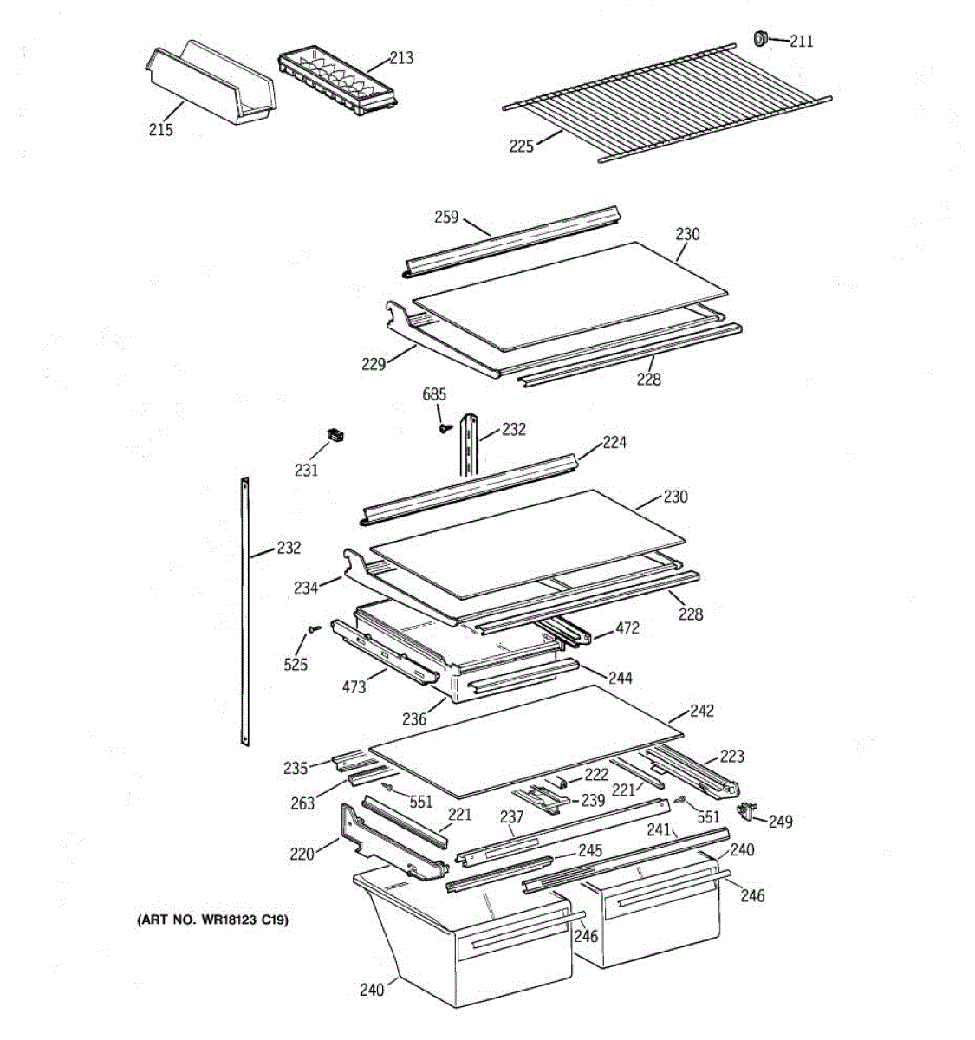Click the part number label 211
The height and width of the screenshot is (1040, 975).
point(802,41)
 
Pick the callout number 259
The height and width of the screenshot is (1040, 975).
point(446,218)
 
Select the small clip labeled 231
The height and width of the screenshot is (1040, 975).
point(334,434)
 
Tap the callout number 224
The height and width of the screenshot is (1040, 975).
point(614,443)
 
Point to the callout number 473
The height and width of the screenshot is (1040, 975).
point(354,687)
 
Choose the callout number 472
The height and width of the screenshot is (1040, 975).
point(627,628)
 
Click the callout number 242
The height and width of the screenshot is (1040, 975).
point(702,711)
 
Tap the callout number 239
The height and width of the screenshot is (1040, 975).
point(593,801)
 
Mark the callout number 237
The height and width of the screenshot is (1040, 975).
point(511,816)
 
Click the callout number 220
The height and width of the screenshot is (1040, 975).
point(302,854)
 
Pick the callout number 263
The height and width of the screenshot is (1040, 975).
point(303,803)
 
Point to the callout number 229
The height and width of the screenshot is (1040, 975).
point(374,364)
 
